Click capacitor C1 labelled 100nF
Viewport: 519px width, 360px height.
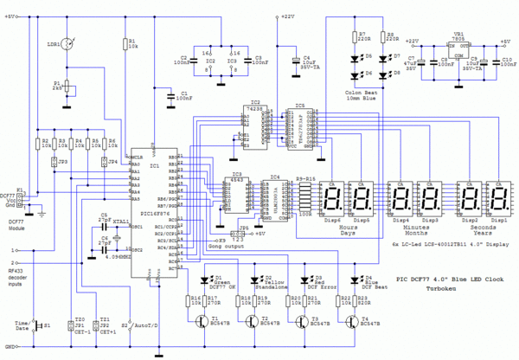(170, 93)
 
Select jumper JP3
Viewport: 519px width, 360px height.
(54, 161)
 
